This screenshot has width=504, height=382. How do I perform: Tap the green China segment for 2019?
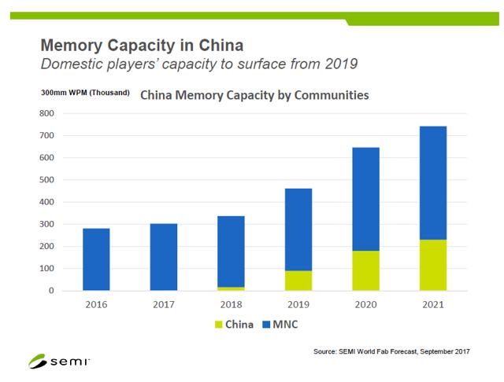coord(298,281)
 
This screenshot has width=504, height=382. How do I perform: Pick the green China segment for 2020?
coord(365,270)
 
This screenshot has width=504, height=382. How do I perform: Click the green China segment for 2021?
coord(432,265)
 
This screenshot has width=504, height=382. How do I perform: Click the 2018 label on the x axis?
coord(231,303)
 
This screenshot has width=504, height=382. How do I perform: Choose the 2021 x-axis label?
coord(432,303)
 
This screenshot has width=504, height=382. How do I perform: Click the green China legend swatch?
coord(219,324)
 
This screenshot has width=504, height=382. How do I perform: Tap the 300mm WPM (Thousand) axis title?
coord(85,93)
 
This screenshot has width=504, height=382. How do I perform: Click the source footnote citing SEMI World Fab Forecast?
coord(391,351)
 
